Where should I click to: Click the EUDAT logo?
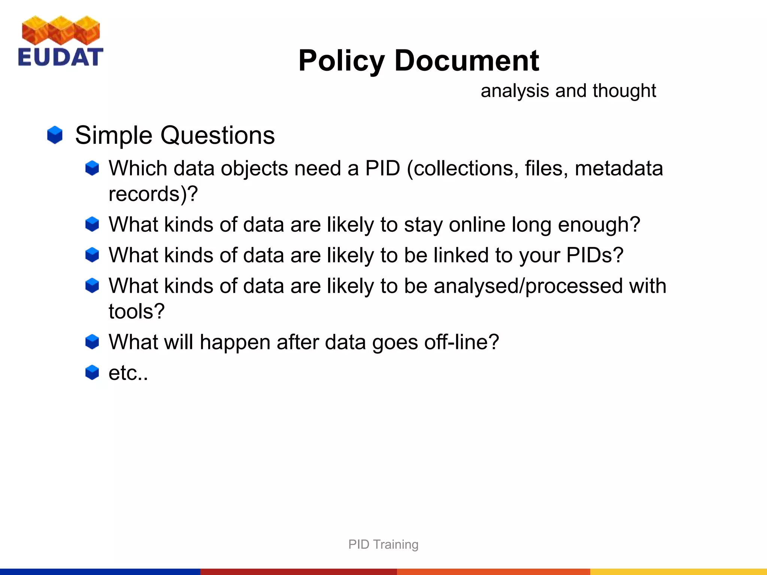(60, 41)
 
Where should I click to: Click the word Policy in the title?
(341, 61)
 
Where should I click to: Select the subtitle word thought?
(624, 91)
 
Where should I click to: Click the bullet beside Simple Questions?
(55, 135)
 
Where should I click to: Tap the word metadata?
(619, 168)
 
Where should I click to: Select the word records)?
(153, 194)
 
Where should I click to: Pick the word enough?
(599, 225)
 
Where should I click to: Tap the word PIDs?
(595, 255)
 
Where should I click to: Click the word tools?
(137, 311)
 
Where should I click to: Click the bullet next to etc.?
(92, 372)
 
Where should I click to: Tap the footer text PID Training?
(383, 544)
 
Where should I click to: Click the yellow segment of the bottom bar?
(678, 572)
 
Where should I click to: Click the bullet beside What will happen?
(92, 342)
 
